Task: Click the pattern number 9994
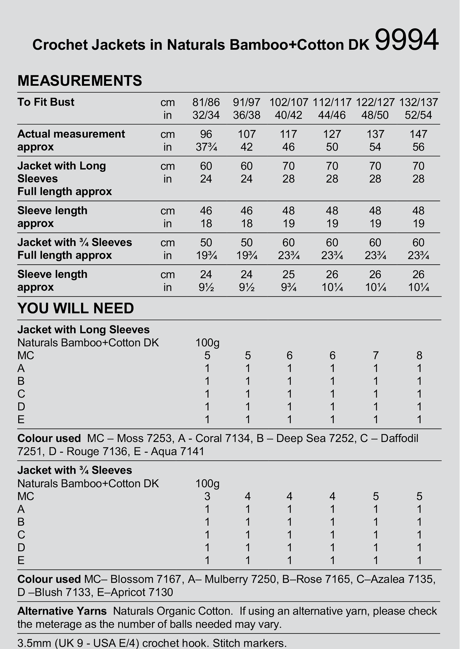pos(406,40)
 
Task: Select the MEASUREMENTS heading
pos(80,81)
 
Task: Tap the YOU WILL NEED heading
pos(76,308)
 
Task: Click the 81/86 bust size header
pos(206,102)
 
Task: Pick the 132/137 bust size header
pos(418,102)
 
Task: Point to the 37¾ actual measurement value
pos(206,147)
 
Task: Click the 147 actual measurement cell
pos(418,134)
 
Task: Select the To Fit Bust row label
pos(46,102)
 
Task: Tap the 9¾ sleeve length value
pos(288,287)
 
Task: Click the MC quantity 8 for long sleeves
pos(419,355)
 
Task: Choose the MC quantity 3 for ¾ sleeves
pos(207,496)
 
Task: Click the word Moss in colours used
pos(129,438)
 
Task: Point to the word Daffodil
pos(399,438)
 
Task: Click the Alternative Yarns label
pos(62,611)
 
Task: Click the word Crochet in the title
pos(60,45)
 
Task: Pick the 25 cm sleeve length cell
pos(288,274)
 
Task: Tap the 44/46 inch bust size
pos(332,115)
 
